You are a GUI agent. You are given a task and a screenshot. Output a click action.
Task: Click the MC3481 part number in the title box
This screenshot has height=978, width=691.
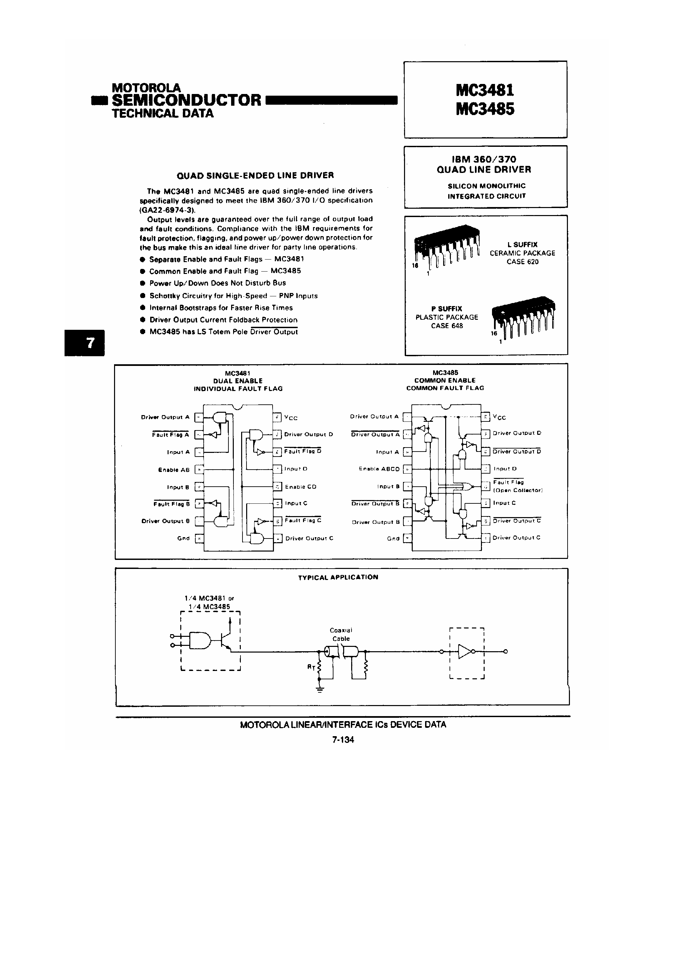485,90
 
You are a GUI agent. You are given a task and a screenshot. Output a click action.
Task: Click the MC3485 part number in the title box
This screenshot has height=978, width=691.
485,109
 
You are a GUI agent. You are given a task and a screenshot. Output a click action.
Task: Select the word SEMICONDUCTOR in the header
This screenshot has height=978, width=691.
186,100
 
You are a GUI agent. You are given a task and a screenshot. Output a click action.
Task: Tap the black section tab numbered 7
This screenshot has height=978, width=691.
85,343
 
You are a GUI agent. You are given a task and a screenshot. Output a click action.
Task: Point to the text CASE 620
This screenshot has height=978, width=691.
522,262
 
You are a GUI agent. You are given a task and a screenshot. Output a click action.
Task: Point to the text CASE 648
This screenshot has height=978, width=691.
447,326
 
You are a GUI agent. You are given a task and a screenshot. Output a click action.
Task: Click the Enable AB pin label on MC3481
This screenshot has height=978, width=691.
174,470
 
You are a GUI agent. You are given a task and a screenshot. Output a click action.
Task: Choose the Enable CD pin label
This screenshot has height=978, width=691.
300,486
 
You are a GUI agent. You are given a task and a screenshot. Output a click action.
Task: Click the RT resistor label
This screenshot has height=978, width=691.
311,668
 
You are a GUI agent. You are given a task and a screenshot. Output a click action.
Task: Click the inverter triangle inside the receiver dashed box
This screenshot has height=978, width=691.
465,651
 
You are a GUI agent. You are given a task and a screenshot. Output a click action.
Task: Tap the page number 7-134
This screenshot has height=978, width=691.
343,740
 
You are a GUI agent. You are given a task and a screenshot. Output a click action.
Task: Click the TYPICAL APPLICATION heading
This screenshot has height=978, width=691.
338,577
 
